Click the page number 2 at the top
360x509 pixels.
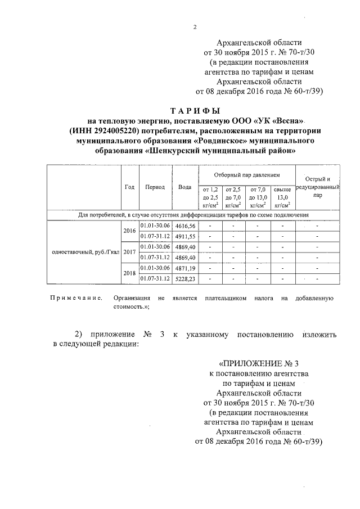pos(195,26)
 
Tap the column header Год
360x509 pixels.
pos(129,187)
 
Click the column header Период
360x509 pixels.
pos(155,187)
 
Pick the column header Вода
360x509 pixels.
pos(185,187)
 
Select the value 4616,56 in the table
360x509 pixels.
pos(185,226)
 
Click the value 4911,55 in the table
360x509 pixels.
pos(185,236)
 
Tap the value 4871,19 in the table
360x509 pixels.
pos(185,267)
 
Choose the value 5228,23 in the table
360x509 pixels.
pos(185,278)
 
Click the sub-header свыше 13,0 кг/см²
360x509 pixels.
pos(282,197)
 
